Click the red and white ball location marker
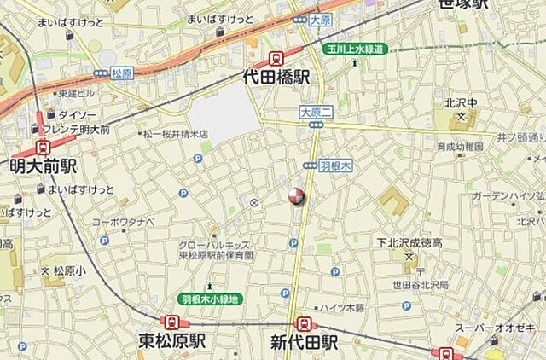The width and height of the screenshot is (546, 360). (x=295, y=196)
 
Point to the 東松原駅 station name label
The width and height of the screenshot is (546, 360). (x=173, y=342)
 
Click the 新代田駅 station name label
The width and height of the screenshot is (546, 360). (x=305, y=342)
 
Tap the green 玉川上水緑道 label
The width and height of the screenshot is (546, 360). (x=355, y=49)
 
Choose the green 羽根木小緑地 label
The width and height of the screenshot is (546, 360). (x=210, y=299)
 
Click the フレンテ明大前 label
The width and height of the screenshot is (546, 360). (x=82, y=129)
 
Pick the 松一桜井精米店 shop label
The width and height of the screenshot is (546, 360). (x=174, y=134)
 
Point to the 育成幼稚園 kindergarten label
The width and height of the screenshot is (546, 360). (x=460, y=147)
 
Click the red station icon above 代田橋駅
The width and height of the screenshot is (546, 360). (x=276, y=58)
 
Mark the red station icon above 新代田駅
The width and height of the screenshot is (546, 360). (x=304, y=323)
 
